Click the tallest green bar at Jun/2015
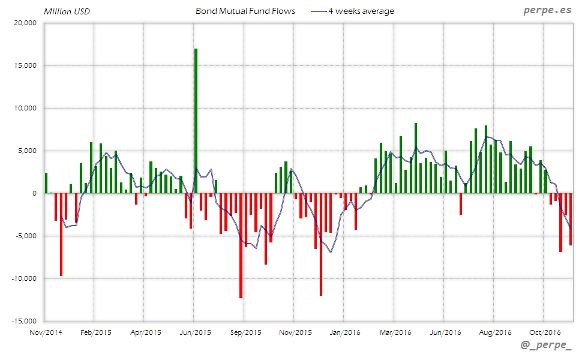pyautogui.click(x=196, y=120)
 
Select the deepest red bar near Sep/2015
pyautogui.click(x=241, y=246)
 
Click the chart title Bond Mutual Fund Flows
pyautogui.click(x=245, y=11)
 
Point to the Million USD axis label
pyautogui.click(x=67, y=11)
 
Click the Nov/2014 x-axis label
pyautogui.click(x=46, y=332)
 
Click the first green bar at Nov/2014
pyautogui.click(x=46, y=183)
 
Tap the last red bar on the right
pyautogui.click(x=571, y=219)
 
